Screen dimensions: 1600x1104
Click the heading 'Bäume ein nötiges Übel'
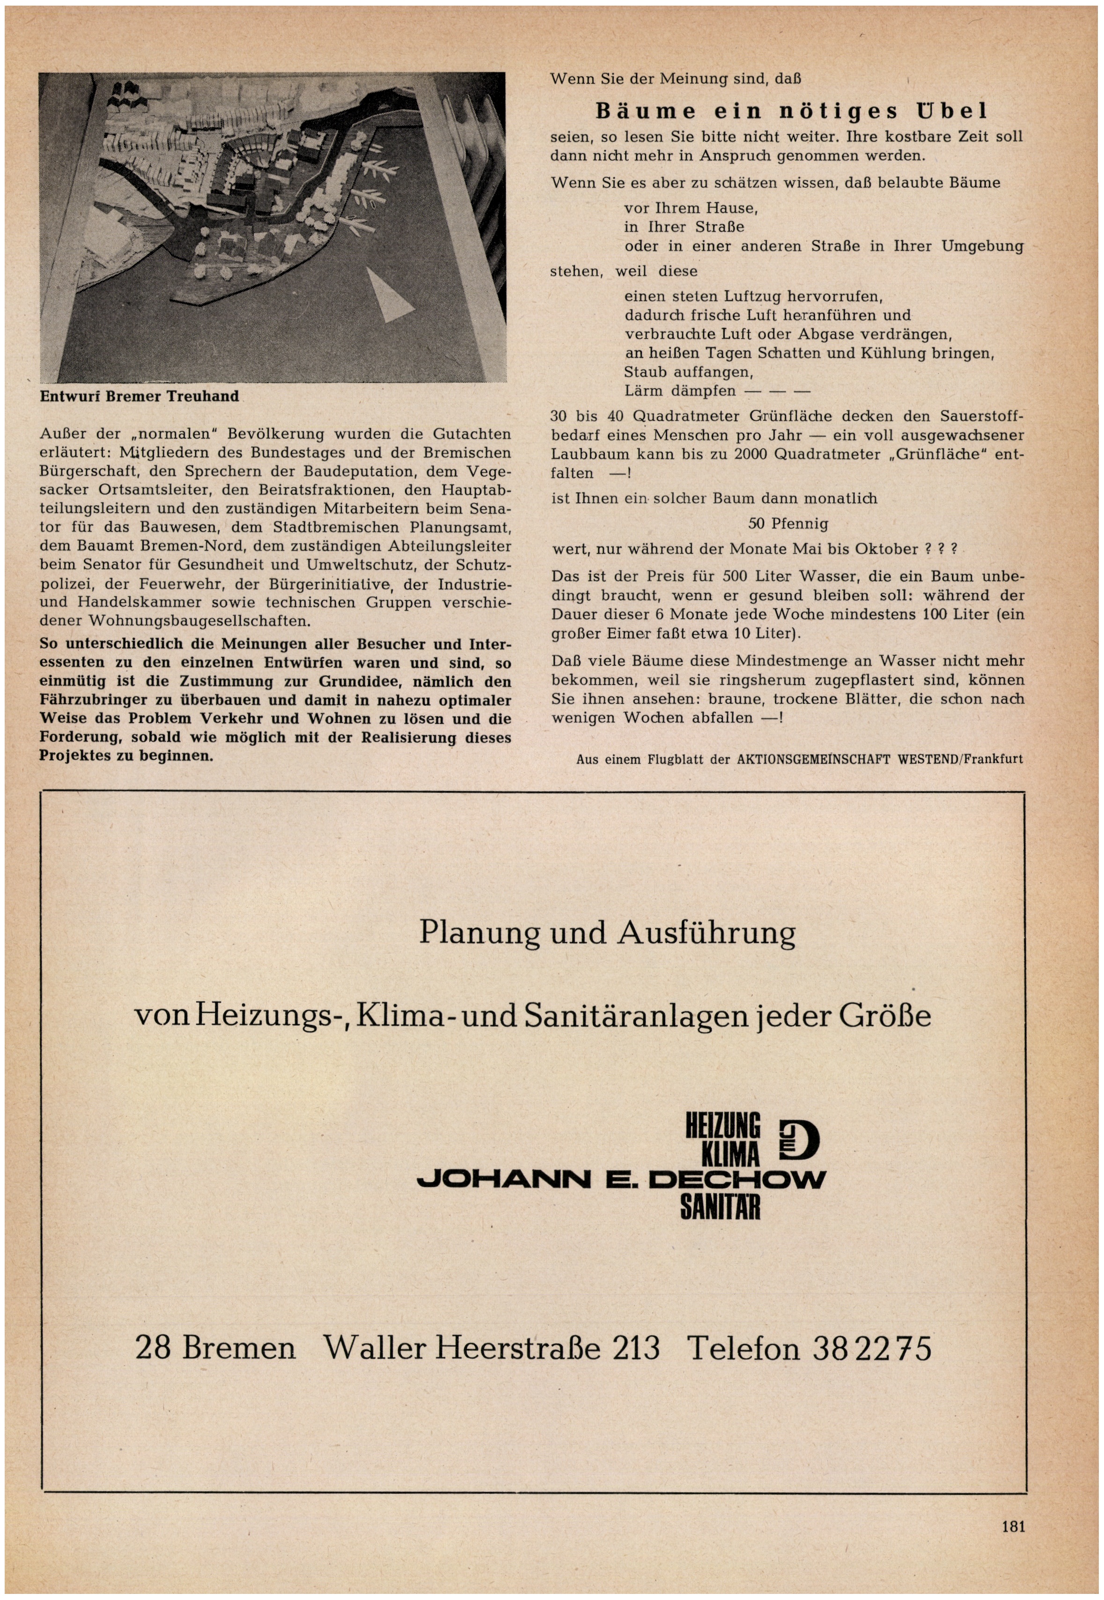click(792, 111)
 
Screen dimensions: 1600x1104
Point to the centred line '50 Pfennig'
click(788, 524)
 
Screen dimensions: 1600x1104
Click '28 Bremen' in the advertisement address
click(215, 1349)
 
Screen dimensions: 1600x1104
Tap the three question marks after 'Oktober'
click(941, 549)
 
